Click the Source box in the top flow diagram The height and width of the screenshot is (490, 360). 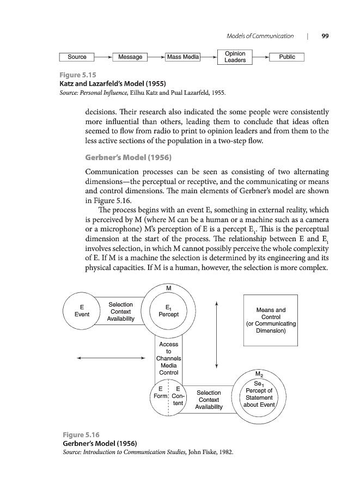click(x=77, y=57)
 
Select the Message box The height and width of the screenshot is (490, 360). click(x=130, y=57)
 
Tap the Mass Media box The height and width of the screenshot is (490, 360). click(x=183, y=57)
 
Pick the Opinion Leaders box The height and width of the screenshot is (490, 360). click(x=235, y=57)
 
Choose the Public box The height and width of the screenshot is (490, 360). click(x=286, y=57)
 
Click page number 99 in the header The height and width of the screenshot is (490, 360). click(x=325, y=36)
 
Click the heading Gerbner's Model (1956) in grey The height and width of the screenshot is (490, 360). click(x=129, y=158)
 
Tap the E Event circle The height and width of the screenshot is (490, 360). click(x=82, y=311)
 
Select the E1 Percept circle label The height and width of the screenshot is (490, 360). click(x=168, y=311)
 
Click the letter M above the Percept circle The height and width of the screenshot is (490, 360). click(x=169, y=288)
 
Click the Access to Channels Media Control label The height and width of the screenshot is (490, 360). click(x=168, y=358)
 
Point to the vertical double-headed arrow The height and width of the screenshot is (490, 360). click(x=217, y=334)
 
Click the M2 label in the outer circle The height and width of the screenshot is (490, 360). click(x=259, y=374)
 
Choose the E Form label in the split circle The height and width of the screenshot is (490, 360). click(x=160, y=393)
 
